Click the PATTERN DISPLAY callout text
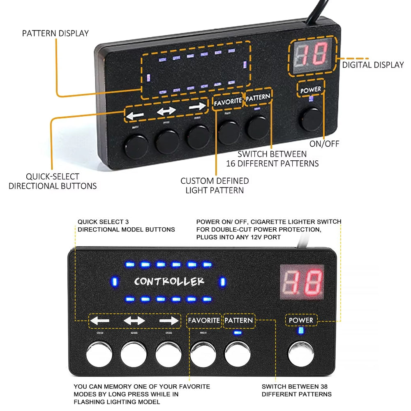pyautogui.click(x=55, y=33)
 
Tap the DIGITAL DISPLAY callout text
pyautogui.click(x=373, y=65)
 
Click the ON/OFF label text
pyautogui.click(x=324, y=144)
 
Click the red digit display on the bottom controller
pyautogui.click(x=302, y=282)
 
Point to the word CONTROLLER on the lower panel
pyautogui.click(x=169, y=282)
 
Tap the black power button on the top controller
pyautogui.click(x=311, y=119)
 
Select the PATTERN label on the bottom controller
pyautogui.click(x=238, y=320)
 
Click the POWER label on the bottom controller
pyautogui.click(x=301, y=320)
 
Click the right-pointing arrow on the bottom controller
pyautogui.click(x=169, y=321)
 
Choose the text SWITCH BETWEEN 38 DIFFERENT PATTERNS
pyautogui.click(x=296, y=390)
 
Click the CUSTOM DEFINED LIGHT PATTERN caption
pyautogui.click(x=215, y=185)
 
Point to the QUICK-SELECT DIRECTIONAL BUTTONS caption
pyautogui.click(x=53, y=181)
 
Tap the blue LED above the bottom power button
pyautogui.click(x=301, y=331)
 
